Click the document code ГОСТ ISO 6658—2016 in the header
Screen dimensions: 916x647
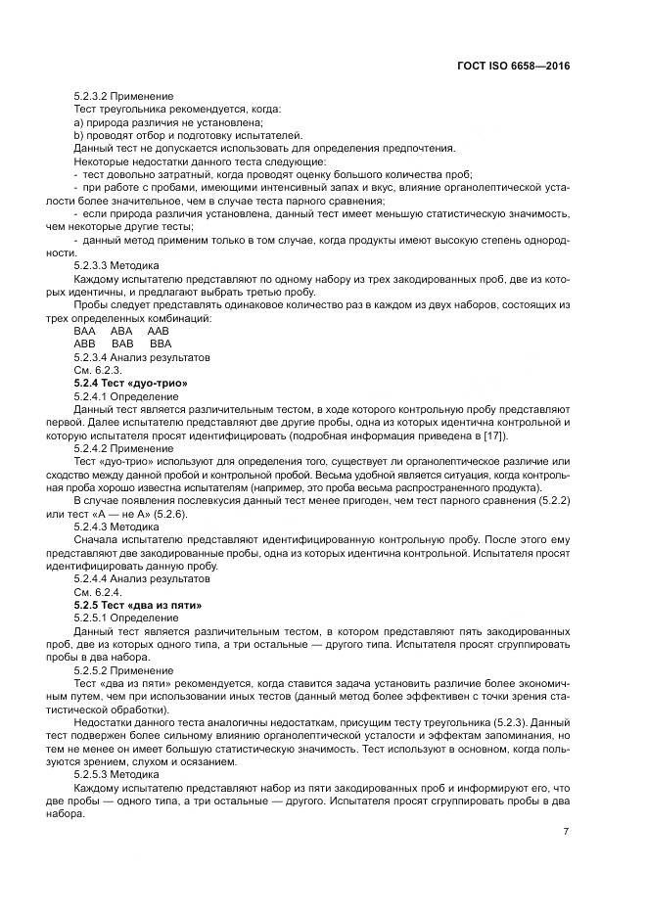coord(513,65)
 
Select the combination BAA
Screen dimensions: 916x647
coord(85,332)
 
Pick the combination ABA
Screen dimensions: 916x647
coord(121,332)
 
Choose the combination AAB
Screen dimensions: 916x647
coord(158,332)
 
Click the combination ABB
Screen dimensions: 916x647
coord(85,344)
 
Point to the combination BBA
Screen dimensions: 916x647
coord(160,344)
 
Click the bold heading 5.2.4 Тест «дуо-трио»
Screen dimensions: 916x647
coord(130,383)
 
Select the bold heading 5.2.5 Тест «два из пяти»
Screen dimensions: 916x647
coord(138,606)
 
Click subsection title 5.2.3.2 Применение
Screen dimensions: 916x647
coord(123,97)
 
